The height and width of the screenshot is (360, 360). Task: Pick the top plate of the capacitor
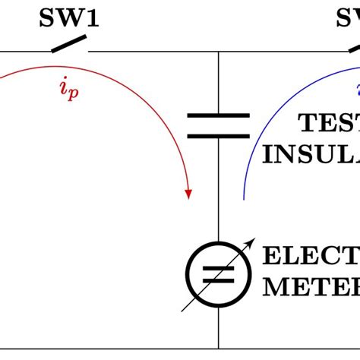pyautogui.click(x=219, y=116)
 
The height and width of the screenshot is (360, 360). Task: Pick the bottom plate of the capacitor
pyautogui.click(x=219, y=136)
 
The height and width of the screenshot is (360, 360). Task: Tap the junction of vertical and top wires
pyautogui.click(x=219, y=52)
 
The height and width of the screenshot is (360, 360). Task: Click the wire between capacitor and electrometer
pyautogui.click(x=219, y=190)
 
